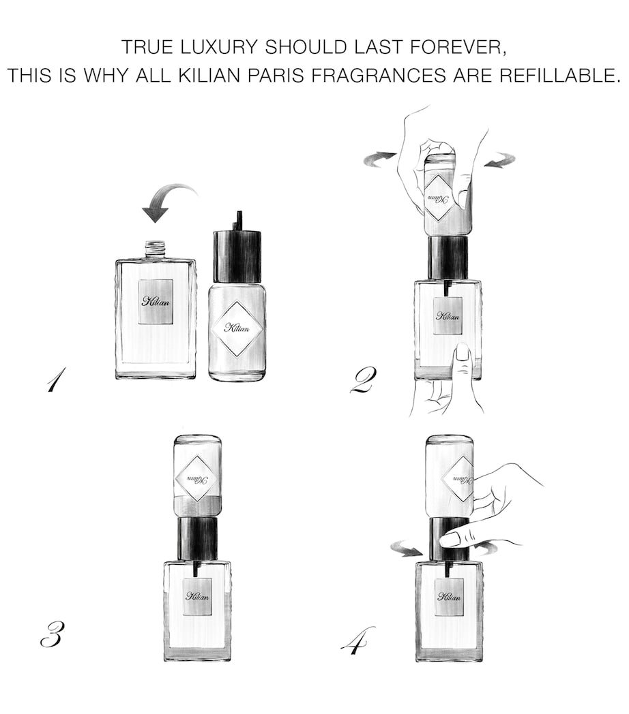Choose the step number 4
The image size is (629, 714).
point(357,640)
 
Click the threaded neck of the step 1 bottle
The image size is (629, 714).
point(156,249)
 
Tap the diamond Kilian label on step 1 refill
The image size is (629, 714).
point(237,328)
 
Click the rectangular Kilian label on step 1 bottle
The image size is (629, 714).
point(156,302)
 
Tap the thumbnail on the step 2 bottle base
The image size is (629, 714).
point(462,352)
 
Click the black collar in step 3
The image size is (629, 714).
point(198,538)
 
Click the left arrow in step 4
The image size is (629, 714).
point(407,548)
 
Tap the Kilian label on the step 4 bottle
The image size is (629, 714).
point(449,597)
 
